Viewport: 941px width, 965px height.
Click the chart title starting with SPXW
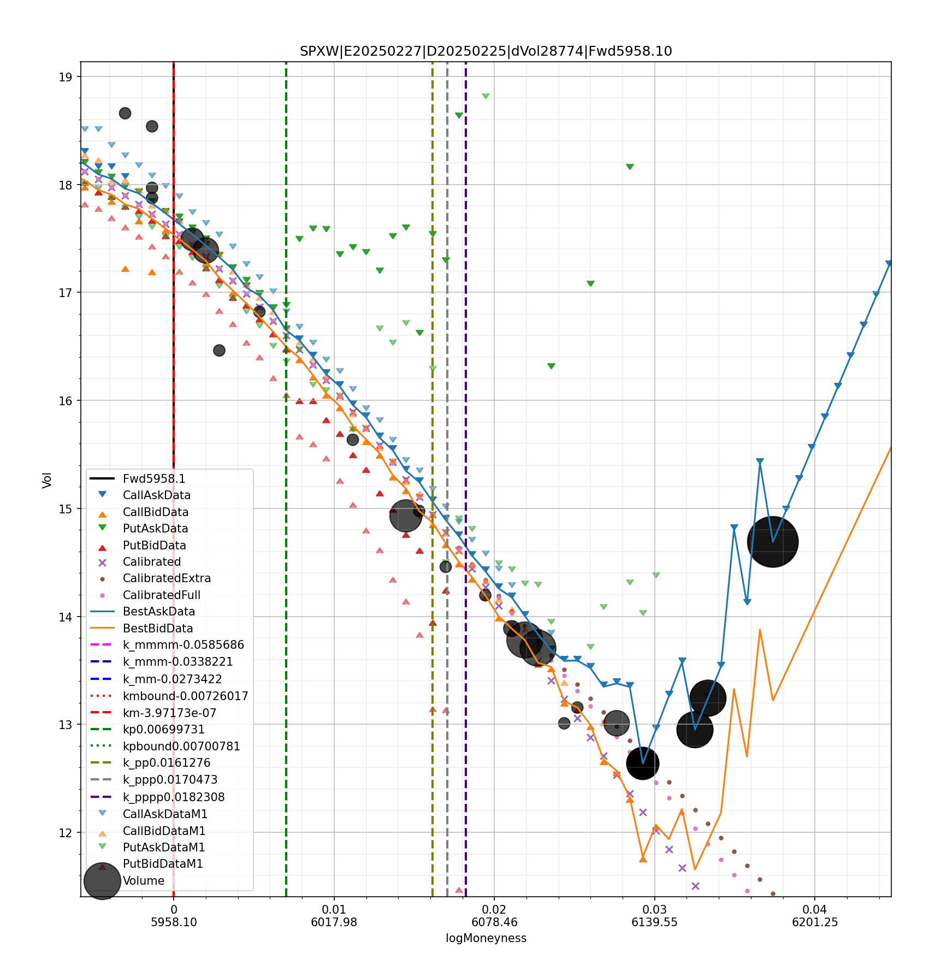coord(486,51)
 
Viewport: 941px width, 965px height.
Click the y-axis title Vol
coord(47,480)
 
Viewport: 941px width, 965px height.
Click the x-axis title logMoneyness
coord(486,938)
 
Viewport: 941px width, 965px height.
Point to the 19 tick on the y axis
coord(66,77)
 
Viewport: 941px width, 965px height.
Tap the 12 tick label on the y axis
coord(66,833)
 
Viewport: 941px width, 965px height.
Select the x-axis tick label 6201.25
coord(814,922)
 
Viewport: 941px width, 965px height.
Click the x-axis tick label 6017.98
coord(334,922)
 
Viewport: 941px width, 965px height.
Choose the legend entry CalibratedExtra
coord(167,578)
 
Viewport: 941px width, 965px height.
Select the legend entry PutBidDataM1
coord(163,864)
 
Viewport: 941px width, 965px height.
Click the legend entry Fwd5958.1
coord(154,479)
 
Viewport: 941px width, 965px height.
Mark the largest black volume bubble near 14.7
coord(772,542)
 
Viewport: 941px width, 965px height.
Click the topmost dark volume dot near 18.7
coord(125,113)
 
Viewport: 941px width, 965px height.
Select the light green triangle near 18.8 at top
coord(486,96)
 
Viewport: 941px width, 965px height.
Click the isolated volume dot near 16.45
coord(219,350)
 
